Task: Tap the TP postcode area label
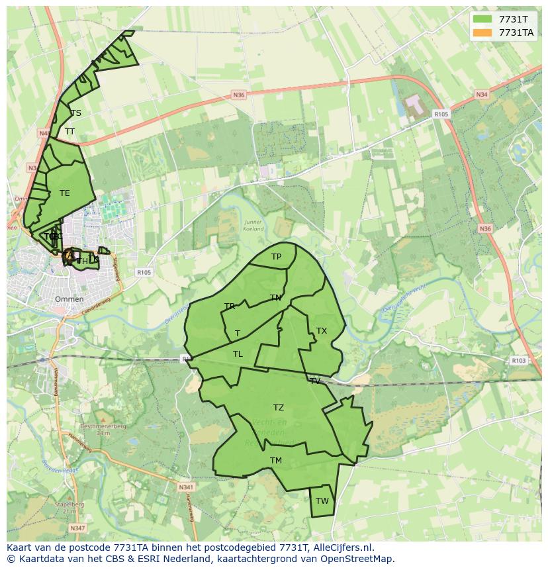click(276, 257)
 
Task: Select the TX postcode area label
click(322, 331)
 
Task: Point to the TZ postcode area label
click(279, 408)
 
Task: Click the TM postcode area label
click(276, 461)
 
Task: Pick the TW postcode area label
click(322, 501)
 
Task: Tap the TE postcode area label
click(64, 193)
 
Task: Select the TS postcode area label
click(76, 113)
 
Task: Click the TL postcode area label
click(238, 354)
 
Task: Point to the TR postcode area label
click(230, 307)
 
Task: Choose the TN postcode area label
click(275, 298)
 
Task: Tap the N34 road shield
click(482, 95)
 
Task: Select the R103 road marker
click(519, 361)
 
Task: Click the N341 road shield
click(186, 487)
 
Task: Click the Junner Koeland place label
click(253, 226)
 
